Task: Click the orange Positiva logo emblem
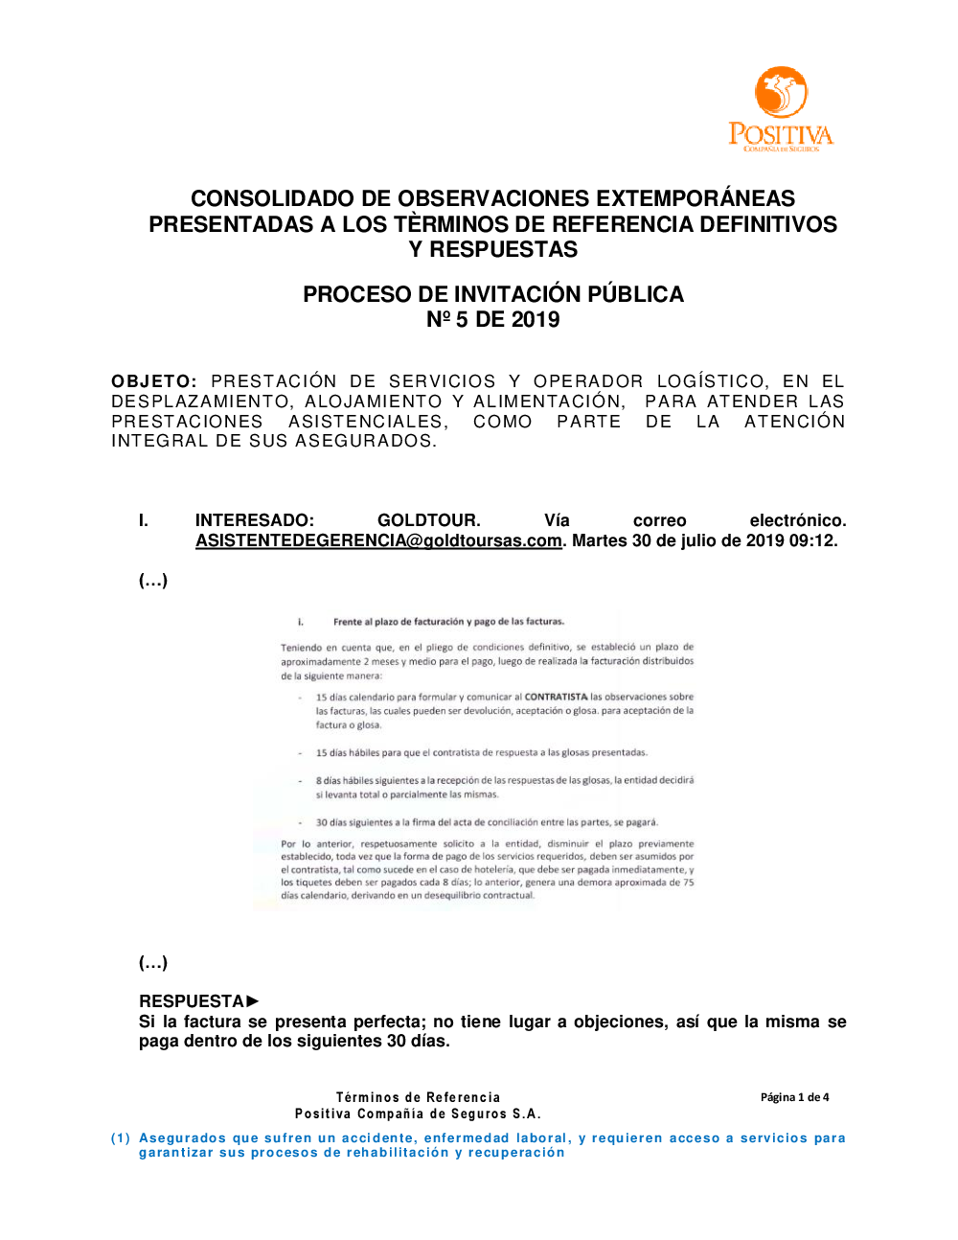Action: tap(781, 93)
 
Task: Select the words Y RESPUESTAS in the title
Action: tap(493, 249)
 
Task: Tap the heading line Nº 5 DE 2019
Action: tap(493, 319)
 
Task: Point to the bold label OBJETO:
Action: tap(154, 381)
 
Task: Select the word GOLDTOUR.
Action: tap(428, 520)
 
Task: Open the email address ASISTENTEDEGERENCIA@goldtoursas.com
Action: tap(378, 540)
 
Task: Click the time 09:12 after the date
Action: tap(813, 540)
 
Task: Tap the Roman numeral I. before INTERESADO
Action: tap(144, 520)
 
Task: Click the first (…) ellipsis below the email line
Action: tap(153, 580)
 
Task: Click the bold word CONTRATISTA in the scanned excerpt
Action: tap(556, 697)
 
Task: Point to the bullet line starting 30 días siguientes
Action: tap(487, 822)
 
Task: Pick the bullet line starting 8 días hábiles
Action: tap(504, 780)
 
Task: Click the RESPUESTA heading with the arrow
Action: tap(199, 1001)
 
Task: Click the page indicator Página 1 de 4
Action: tap(794, 1097)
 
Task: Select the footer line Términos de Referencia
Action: tap(418, 1097)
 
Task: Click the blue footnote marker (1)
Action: tap(121, 1138)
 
